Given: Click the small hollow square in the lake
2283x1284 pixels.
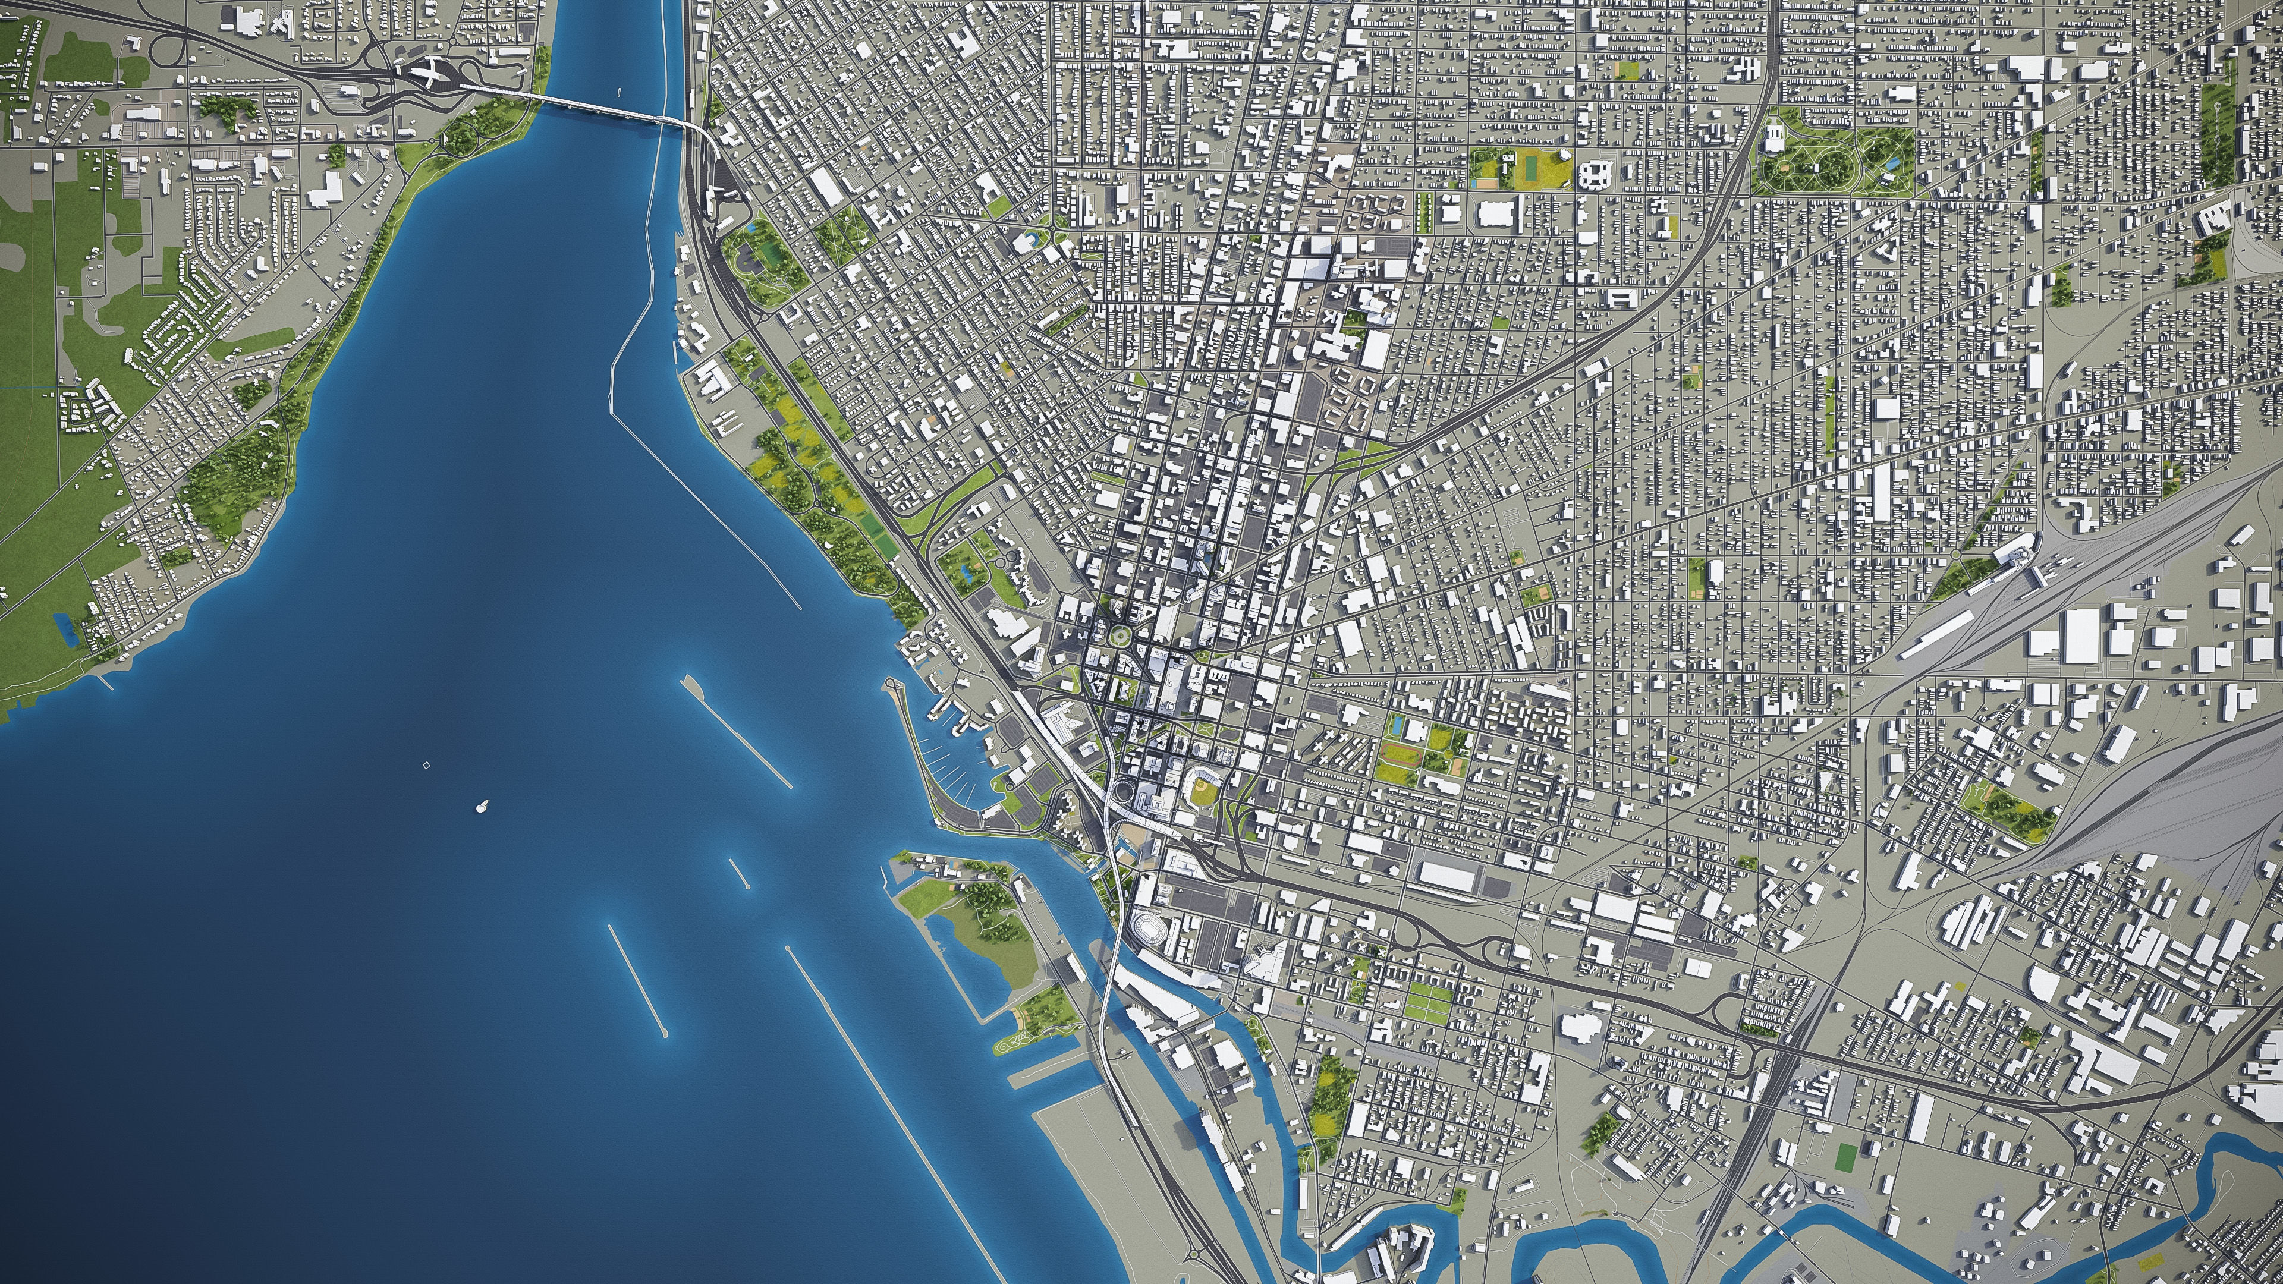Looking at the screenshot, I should [426, 764].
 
